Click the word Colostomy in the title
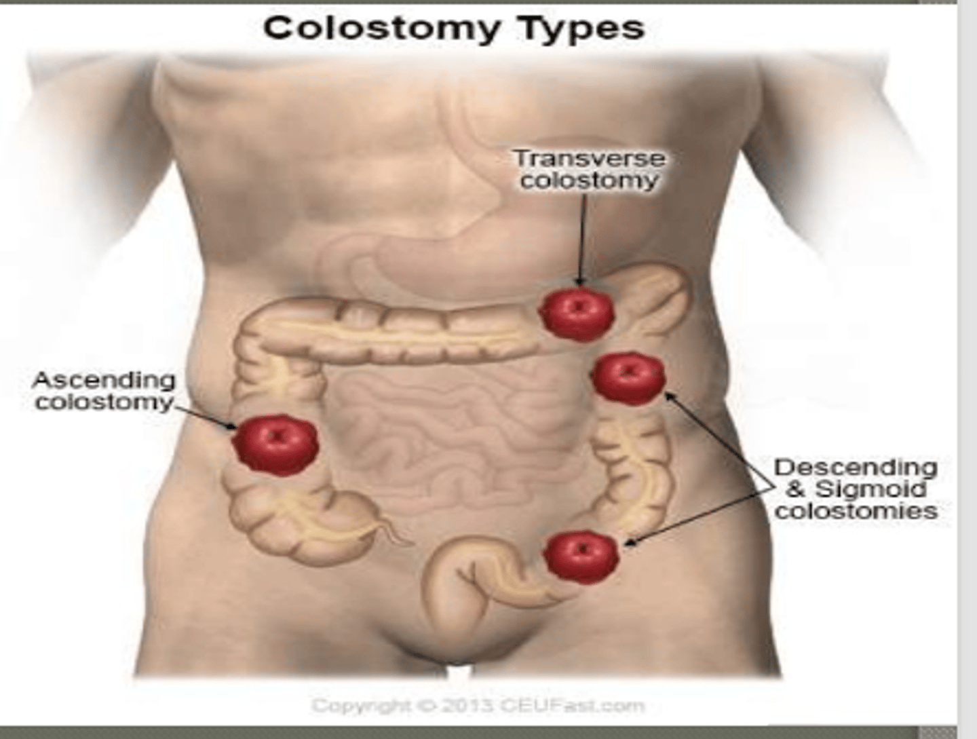pos(381,29)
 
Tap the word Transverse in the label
pos(590,159)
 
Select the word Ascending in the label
pos(104,381)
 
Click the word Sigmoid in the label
pos(872,489)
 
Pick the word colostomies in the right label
pos(856,510)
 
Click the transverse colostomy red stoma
pos(577,314)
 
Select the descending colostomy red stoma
pos(628,379)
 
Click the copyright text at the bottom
pos(478,706)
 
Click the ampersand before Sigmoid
pos(795,490)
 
